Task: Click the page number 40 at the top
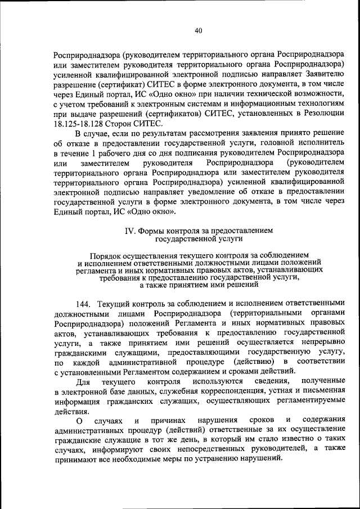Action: pyautogui.click(x=199, y=31)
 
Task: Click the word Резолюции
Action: pyautogui.click(x=324, y=114)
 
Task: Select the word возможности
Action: pyautogui.click(x=318, y=94)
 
